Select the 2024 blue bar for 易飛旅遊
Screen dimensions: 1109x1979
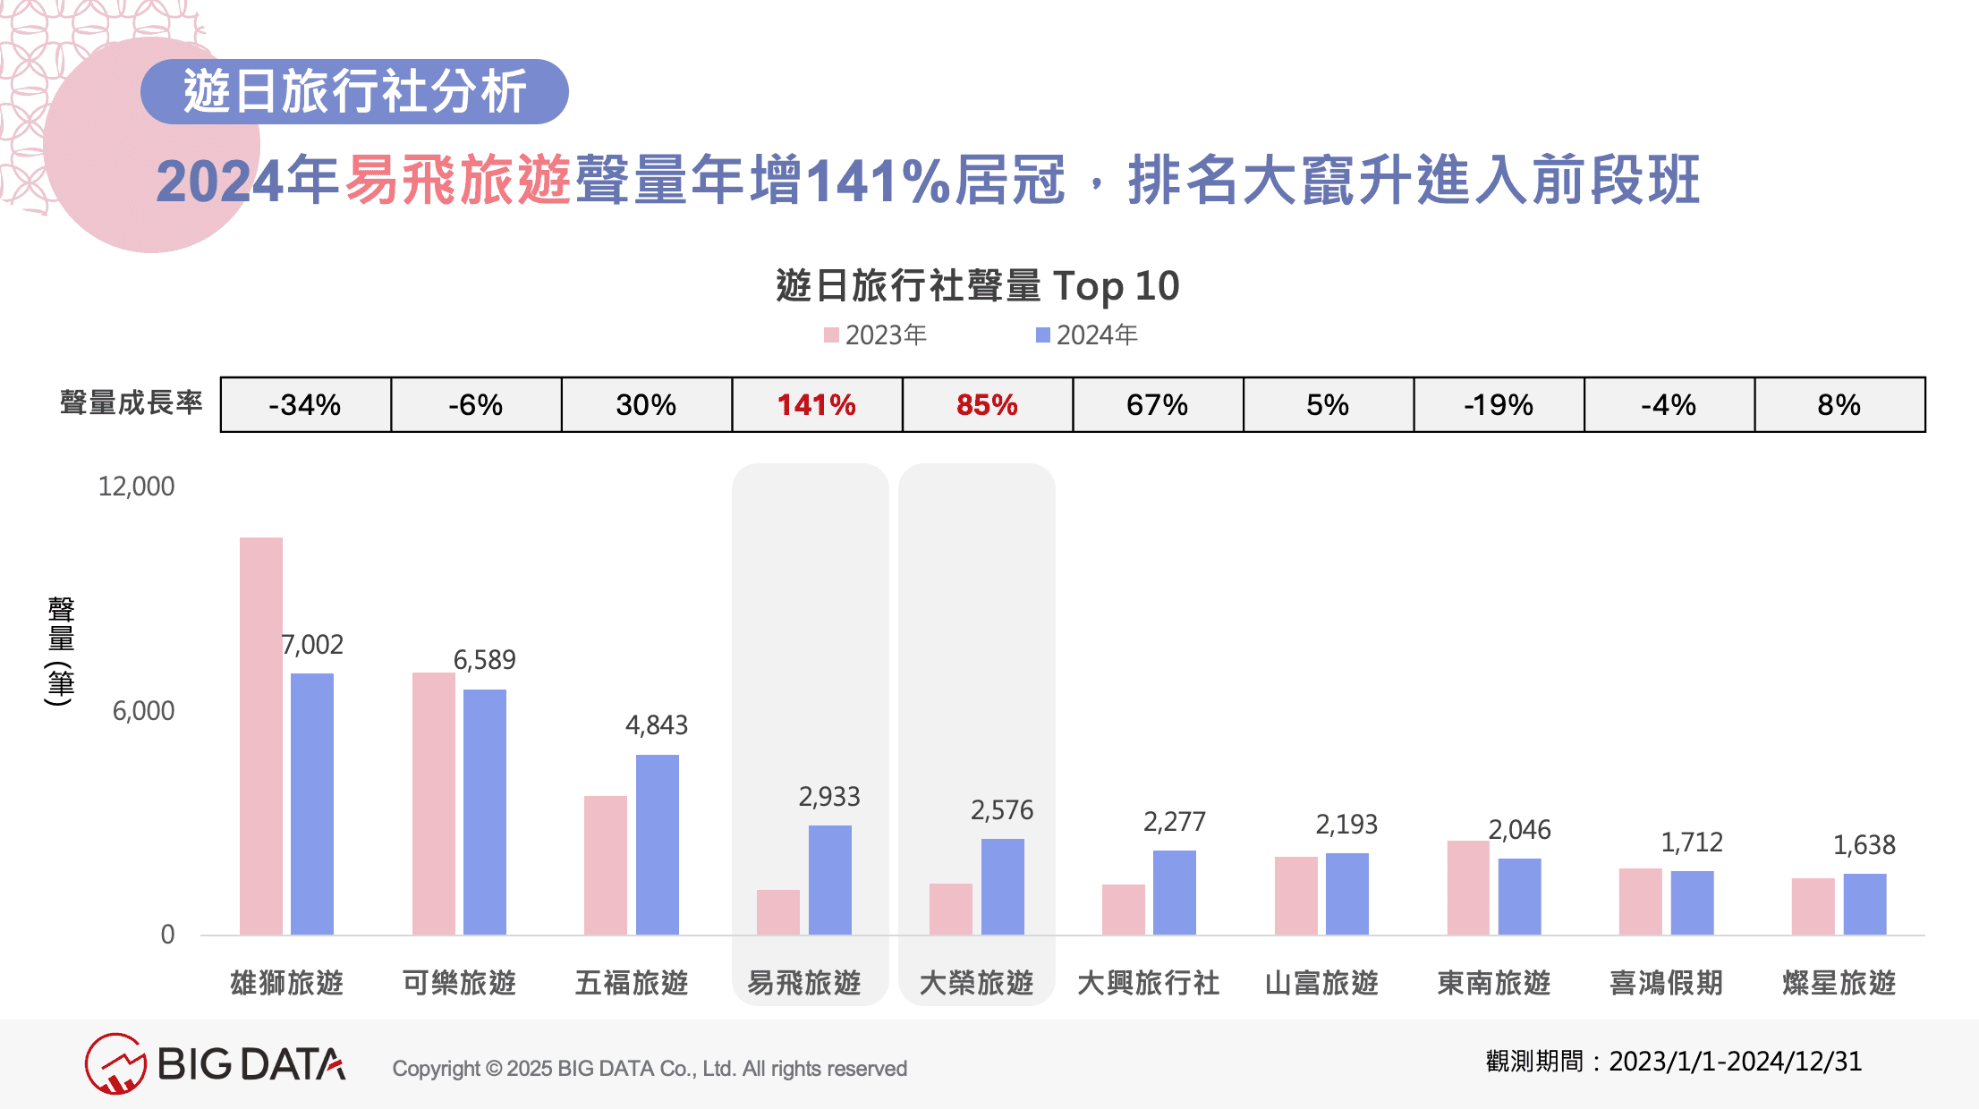pos(830,880)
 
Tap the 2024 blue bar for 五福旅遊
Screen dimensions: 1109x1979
pos(658,844)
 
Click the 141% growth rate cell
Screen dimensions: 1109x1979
pos(817,405)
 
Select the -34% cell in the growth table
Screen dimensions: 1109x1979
pos(305,405)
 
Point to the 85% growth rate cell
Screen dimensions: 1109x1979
pos(987,405)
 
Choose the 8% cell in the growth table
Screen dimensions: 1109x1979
pos(1839,405)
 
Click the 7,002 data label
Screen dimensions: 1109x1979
pos(312,645)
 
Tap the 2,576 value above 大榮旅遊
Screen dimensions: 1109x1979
pos(1002,810)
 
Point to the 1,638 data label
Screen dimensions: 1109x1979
pos(1864,845)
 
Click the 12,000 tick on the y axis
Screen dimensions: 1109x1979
pos(136,487)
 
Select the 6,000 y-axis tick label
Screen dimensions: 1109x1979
pos(143,711)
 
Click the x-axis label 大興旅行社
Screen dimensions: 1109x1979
pos(1149,983)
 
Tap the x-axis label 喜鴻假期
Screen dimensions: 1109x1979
pos(1666,983)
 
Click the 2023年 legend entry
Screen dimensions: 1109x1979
pos(876,335)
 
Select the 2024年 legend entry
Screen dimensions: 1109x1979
pos(1087,335)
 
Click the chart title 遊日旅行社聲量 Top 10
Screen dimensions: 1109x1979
pos(978,286)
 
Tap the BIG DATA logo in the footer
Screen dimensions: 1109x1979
pos(216,1064)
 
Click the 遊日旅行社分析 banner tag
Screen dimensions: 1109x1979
pos(354,91)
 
